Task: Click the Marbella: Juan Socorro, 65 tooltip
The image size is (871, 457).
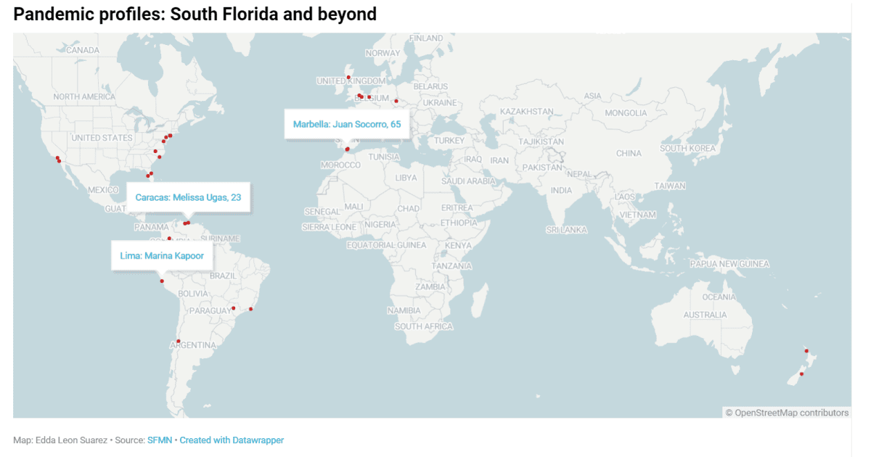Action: click(x=347, y=124)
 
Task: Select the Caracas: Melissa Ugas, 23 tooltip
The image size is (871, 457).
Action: click(x=188, y=197)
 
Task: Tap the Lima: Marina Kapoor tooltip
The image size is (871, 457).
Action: click(x=162, y=255)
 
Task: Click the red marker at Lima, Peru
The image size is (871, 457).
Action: click(x=162, y=281)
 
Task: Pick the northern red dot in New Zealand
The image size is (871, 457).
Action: click(x=806, y=350)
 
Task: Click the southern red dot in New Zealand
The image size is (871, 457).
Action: click(x=801, y=374)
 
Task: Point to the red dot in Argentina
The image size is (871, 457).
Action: click(x=179, y=341)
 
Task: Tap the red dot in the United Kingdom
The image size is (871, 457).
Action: click(x=348, y=77)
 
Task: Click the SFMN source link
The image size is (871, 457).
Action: click(x=160, y=440)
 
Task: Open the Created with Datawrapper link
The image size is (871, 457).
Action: click(x=232, y=440)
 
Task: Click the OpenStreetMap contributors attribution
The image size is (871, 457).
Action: click(x=787, y=413)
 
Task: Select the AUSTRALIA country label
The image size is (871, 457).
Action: click(x=705, y=315)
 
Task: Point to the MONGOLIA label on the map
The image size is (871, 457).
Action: click(x=626, y=113)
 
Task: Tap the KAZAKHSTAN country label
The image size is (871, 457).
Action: click(x=526, y=112)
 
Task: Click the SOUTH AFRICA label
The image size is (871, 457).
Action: click(x=424, y=326)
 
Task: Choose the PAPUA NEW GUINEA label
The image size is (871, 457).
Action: click(x=729, y=264)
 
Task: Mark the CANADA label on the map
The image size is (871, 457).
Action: click(x=82, y=50)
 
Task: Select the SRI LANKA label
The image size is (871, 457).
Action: click(x=566, y=230)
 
